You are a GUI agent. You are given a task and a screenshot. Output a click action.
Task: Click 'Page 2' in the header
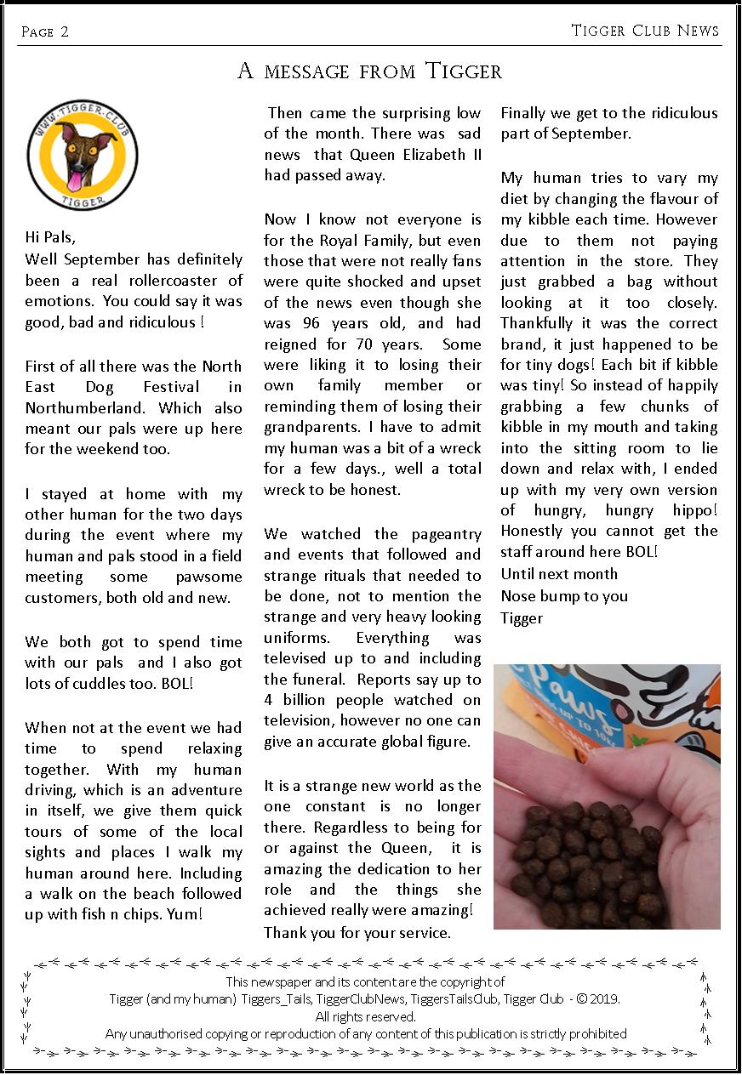pyautogui.click(x=44, y=32)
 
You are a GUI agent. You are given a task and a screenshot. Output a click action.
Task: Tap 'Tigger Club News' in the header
pyautogui.click(x=645, y=31)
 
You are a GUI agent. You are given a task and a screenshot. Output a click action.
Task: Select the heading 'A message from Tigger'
pyautogui.click(x=370, y=71)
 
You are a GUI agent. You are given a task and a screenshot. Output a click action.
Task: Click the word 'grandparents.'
pyautogui.click(x=314, y=427)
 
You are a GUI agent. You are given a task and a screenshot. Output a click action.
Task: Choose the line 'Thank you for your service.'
pyautogui.click(x=357, y=933)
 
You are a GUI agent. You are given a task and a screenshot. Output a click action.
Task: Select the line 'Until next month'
pyautogui.click(x=559, y=573)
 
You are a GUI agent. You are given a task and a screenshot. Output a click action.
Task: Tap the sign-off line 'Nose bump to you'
pyautogui.click(x=564, y=595)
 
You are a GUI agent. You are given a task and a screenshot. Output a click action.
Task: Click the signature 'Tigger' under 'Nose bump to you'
pyautogui.click(x=522, y=617)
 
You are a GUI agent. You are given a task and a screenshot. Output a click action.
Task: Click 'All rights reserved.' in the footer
pyautogui.click(x=366, y=1016)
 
